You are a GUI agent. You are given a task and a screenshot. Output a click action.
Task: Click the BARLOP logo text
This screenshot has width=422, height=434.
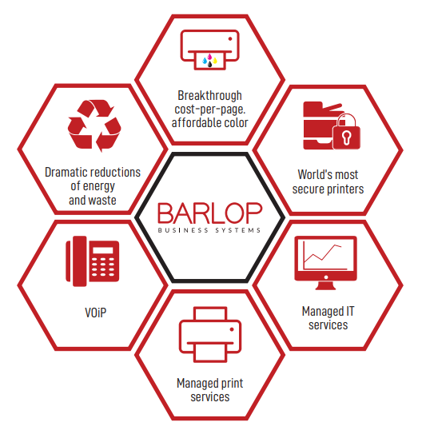[x=209, y=213]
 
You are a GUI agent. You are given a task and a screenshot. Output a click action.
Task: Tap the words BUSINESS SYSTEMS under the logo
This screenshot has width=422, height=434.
[x=209, y=230]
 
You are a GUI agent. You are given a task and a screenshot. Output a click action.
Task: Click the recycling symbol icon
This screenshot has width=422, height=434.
[x=94, y=125]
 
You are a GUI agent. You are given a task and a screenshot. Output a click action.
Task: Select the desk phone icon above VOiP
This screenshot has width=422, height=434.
[x=93, y=261]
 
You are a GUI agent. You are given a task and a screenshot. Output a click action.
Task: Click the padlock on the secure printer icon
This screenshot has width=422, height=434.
[x=346, y=132]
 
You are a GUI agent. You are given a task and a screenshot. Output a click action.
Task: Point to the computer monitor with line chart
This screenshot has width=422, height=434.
[x=326, y=263]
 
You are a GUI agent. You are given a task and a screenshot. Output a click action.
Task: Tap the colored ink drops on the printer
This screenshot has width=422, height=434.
[x=209, y=61]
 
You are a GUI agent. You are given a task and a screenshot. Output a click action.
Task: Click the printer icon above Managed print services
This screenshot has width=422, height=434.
[x=210, y=334]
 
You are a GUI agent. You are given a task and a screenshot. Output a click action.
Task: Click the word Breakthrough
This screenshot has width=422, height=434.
[x=209, y=96]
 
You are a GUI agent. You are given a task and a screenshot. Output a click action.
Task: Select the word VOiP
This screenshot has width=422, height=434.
[x=95, y=313]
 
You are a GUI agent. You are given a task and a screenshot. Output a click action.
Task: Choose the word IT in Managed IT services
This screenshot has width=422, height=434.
[x=350, y=311]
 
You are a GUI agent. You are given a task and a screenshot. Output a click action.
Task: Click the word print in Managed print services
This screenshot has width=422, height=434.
[x=232, y=384]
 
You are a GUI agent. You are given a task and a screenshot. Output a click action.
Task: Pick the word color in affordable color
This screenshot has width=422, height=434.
[x=236, y=122]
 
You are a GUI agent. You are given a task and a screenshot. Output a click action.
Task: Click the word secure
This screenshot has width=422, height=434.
[x=309, y=189]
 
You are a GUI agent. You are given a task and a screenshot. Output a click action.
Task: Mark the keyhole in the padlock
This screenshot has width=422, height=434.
[x=346, y=137]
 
